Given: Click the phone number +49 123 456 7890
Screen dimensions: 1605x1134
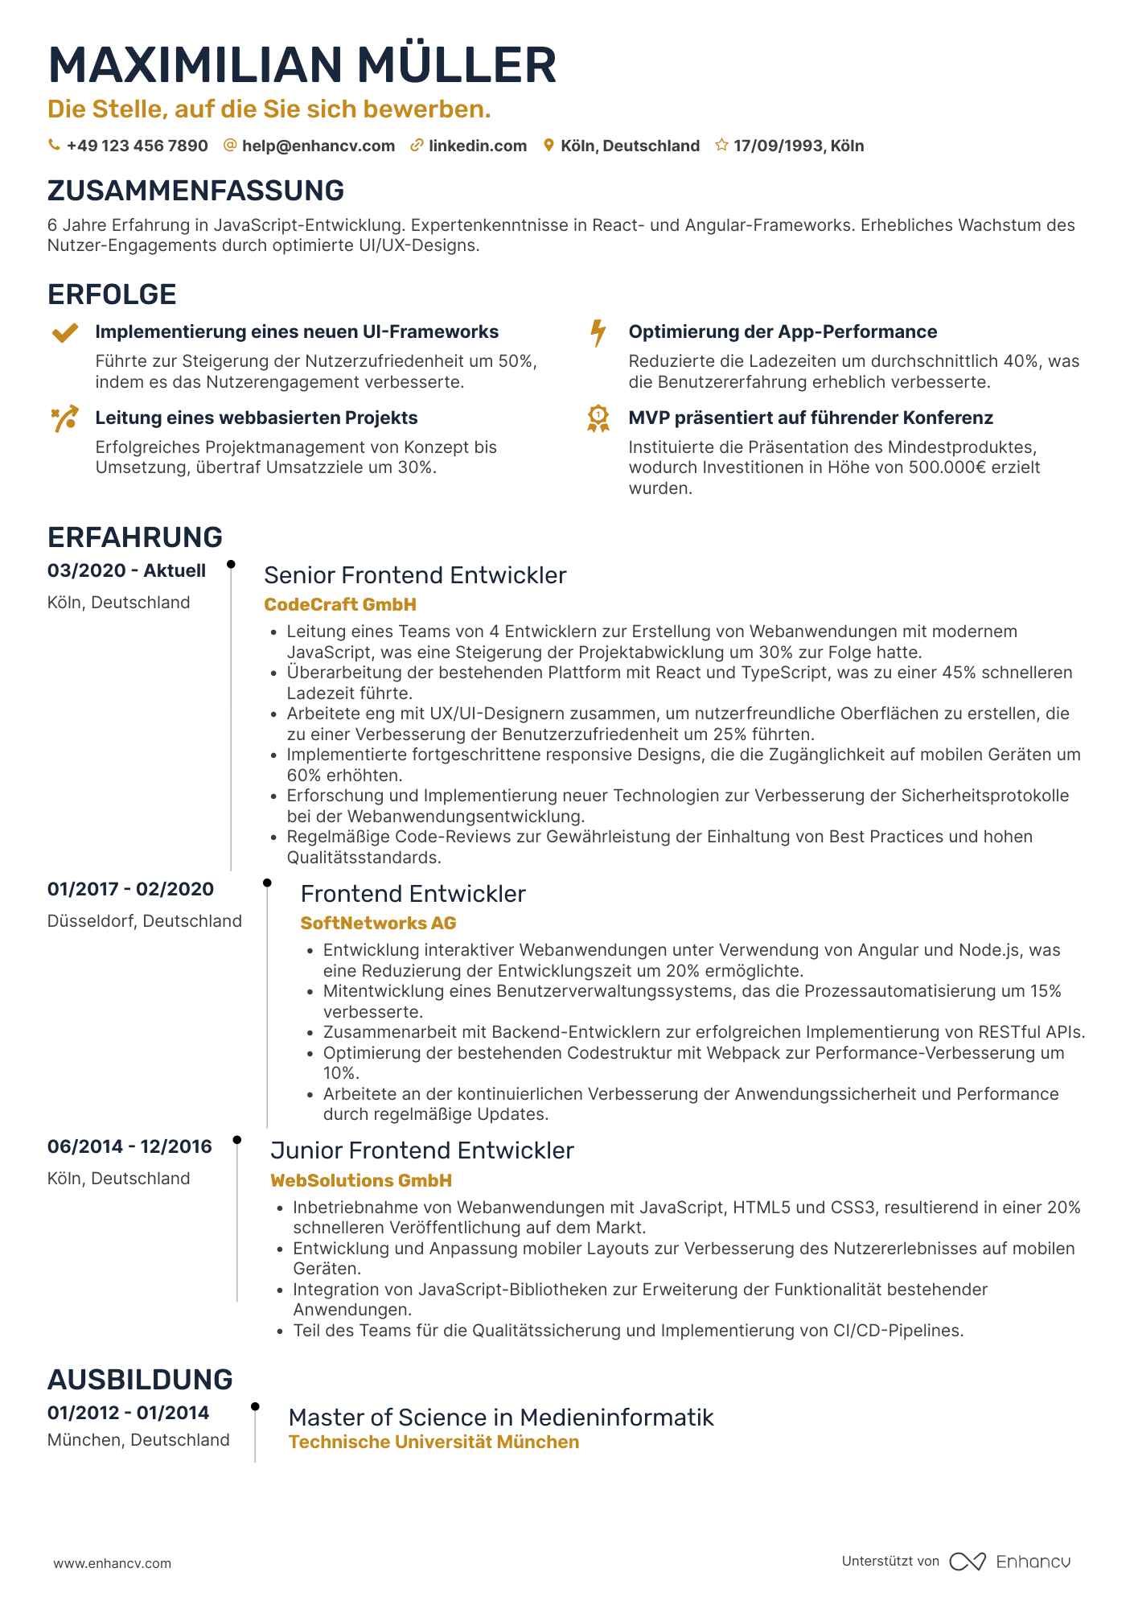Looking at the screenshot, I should (x=137, y=146).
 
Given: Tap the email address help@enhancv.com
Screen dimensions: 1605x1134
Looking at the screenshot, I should (x=318, y=146).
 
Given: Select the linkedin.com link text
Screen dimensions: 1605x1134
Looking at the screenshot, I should (x=478, y=146).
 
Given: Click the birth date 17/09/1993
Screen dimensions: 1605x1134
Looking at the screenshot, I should (x=778, y=146).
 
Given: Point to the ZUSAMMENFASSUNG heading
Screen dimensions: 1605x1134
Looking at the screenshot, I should (x=195, y=191).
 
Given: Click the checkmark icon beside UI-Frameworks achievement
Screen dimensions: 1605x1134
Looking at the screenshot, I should (x=64, y=332).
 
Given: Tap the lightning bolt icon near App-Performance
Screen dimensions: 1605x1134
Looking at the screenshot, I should (x=598, y=332).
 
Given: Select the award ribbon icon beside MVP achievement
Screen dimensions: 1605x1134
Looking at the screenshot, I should (x=598, y=418).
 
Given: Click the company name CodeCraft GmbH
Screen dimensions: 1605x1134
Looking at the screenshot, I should (x=340, y=604).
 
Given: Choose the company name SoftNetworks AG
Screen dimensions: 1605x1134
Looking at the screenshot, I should (x=378, y=923).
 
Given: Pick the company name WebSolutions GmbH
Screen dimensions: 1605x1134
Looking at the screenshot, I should (x=360, y=1180).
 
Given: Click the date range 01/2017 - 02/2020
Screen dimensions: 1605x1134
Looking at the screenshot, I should (x=130, y=889).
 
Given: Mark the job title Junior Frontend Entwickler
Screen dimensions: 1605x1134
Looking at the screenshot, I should (x=421, y=1150).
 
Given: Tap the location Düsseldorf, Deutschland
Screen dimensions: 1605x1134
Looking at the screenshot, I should (x=145, y=921).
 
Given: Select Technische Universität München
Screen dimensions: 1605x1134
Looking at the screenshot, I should (x=433, y=1442).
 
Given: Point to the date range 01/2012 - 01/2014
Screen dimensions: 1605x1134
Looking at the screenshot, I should (x=128, y=1413).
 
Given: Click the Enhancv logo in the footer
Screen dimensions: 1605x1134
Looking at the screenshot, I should (x=1009, y=1562).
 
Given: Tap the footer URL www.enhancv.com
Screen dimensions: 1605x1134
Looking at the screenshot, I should (x=112, y=1563).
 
